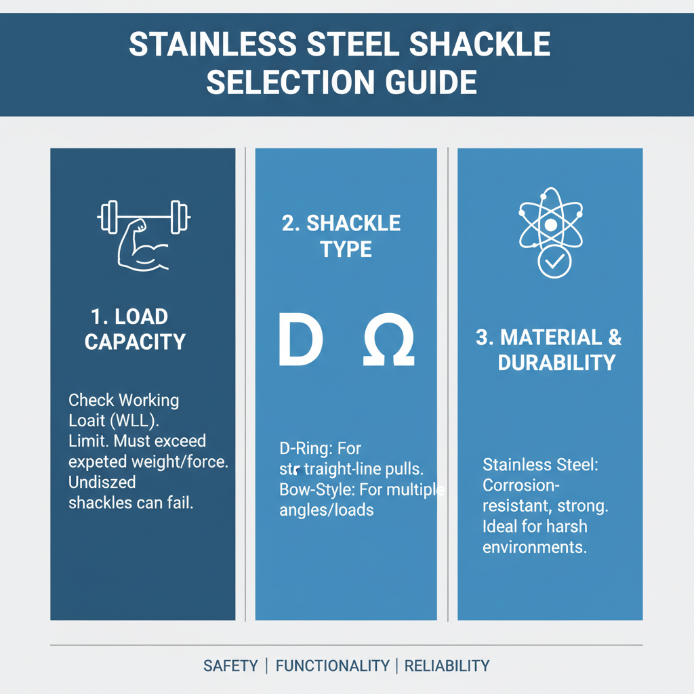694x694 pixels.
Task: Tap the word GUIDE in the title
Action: tap(427, 83)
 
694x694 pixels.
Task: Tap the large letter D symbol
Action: tap(300, 340)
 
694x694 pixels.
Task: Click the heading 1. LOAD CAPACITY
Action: tap(135, 329)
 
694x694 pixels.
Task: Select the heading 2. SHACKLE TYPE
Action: tap(341, 236)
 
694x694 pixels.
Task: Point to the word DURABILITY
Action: tap(556, 363)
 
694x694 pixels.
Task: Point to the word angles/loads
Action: tap(326, 509)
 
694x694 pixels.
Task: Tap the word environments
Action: tap(534, 546)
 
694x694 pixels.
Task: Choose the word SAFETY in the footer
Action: tap(230, 666)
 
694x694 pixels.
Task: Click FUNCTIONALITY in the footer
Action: tap(333, 666)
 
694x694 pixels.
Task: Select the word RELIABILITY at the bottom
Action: tap(447, 666)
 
